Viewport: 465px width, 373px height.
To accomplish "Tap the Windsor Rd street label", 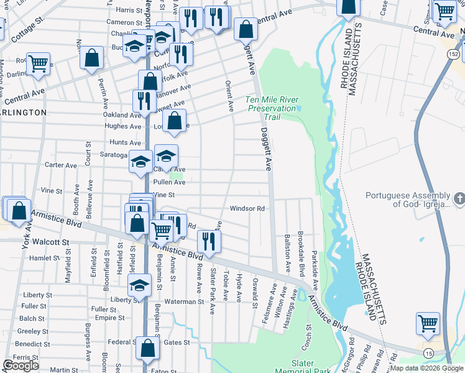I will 248,209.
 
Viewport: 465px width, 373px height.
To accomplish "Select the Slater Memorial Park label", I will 311,366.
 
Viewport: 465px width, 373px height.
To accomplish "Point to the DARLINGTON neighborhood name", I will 23,113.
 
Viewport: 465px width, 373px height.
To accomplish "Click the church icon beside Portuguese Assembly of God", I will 459,199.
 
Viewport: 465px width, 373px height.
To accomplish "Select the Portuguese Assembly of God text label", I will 407,199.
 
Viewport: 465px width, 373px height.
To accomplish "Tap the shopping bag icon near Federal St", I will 148,350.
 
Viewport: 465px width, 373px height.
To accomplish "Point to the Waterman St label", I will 184,302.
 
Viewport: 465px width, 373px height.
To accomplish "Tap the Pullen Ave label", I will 169,182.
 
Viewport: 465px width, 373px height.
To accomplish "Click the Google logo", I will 21,366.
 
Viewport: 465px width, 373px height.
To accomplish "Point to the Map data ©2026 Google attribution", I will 426,368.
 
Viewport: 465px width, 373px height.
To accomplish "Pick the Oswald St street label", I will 255,292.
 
